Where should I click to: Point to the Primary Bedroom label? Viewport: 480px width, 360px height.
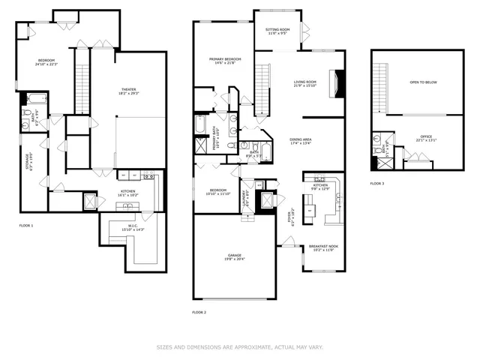coord(225,60)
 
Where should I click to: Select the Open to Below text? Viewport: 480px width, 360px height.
coord(424,82)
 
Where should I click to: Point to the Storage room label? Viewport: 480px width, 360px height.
coord(28,160)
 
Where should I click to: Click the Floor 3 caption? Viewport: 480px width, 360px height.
coord(377,184)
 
